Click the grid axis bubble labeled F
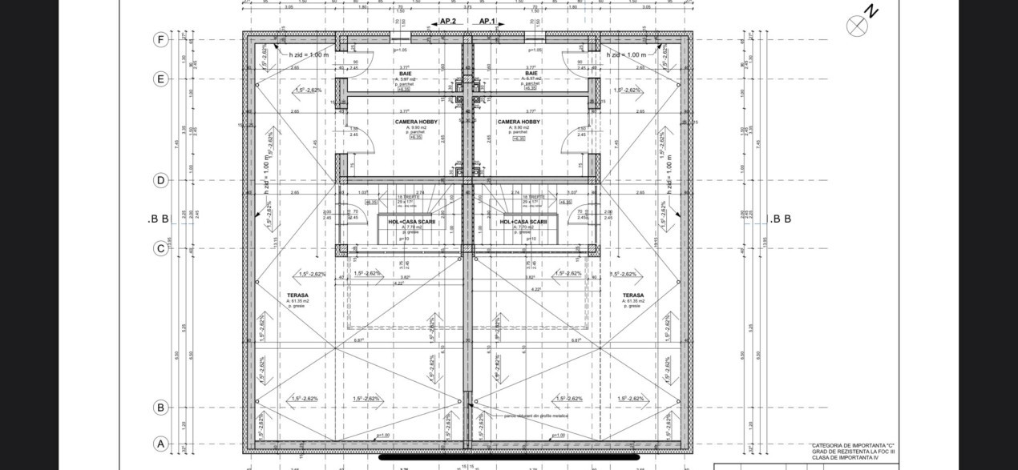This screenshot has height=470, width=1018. (161, 39)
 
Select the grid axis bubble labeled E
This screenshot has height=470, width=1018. (161, 78)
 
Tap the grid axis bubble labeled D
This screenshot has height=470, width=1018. (161, 180)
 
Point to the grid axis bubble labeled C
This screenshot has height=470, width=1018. (161, 248)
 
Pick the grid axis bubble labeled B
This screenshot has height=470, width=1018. (161, 408)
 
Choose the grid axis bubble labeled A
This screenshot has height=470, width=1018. (161, 444)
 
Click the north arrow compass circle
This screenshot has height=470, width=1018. (857, 26)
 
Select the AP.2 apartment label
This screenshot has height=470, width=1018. (448, 22)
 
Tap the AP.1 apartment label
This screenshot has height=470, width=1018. (487, 22)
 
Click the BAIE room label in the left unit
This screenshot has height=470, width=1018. (406, 73)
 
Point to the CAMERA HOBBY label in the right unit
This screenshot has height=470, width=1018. (519, 123)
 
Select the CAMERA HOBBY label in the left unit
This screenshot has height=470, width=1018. (416, 123)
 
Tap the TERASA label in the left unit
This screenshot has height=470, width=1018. (297, 295)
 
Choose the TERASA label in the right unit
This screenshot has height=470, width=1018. (633, 295)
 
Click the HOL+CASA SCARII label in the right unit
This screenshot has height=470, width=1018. (523, 222)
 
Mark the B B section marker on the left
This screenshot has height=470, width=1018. (158, 219)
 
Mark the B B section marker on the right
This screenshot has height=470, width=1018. (780, 219)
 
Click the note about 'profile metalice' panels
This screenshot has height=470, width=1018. (536, 416)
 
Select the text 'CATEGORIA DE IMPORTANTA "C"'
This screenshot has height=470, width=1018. (853, 445)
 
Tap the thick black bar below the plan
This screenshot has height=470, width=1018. (509, 457)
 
